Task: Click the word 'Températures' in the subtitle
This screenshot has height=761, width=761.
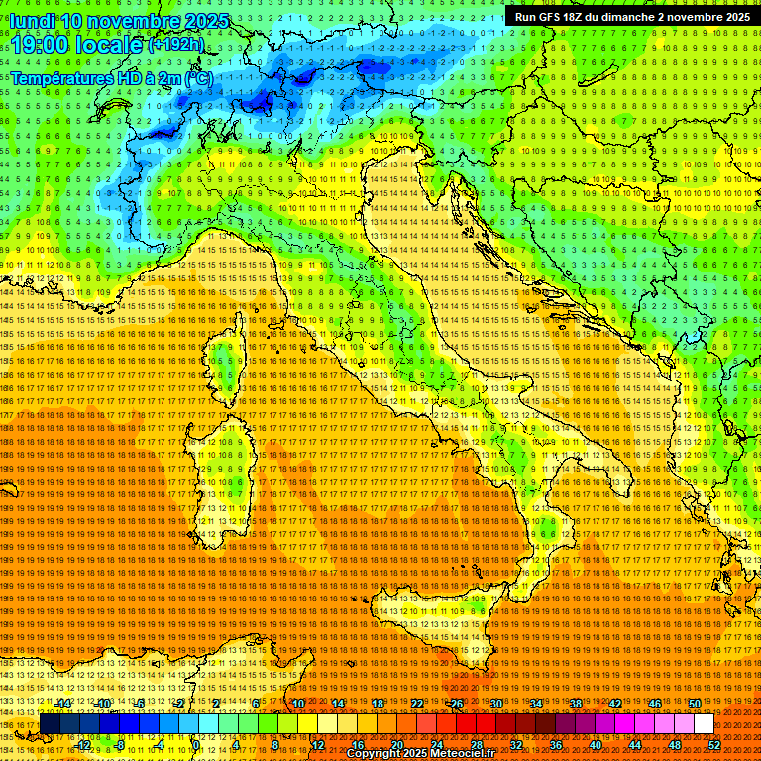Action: [x=60, y=77]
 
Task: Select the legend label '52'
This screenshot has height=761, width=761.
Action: [x=714, y=744]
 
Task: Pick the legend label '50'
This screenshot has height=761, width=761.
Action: [x=695, y=704]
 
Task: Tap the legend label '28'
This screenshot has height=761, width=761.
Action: [x=476, y=744]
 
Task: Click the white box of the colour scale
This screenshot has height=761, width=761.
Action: [x=704, y=724]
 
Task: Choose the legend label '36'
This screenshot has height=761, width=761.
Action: [x=555, y=744]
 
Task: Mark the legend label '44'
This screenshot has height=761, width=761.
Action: [x=635, y=744]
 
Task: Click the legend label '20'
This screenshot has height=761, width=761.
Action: [x=396, y=744]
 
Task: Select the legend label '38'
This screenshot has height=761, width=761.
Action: [x=576, y=704]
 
